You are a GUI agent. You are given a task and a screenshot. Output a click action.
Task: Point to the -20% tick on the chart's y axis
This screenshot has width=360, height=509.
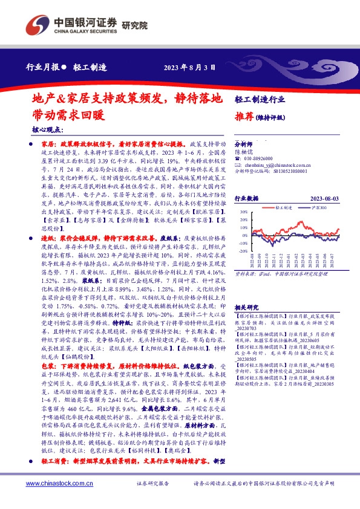tap(241, 251)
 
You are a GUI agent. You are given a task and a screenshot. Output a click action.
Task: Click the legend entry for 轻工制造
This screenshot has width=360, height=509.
tap(283, 207)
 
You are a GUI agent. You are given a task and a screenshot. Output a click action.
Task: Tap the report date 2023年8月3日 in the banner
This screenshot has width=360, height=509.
tap(189, 67)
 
